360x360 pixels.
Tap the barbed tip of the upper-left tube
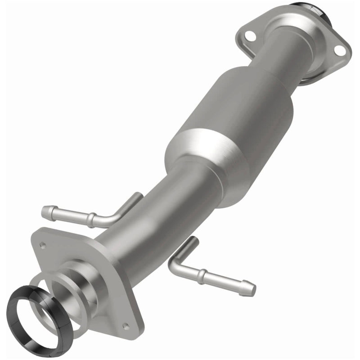[47, 210]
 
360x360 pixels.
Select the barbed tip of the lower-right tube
[249, 288]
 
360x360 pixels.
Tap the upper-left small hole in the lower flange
[43, 245]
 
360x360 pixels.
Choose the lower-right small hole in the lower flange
[126, 326]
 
